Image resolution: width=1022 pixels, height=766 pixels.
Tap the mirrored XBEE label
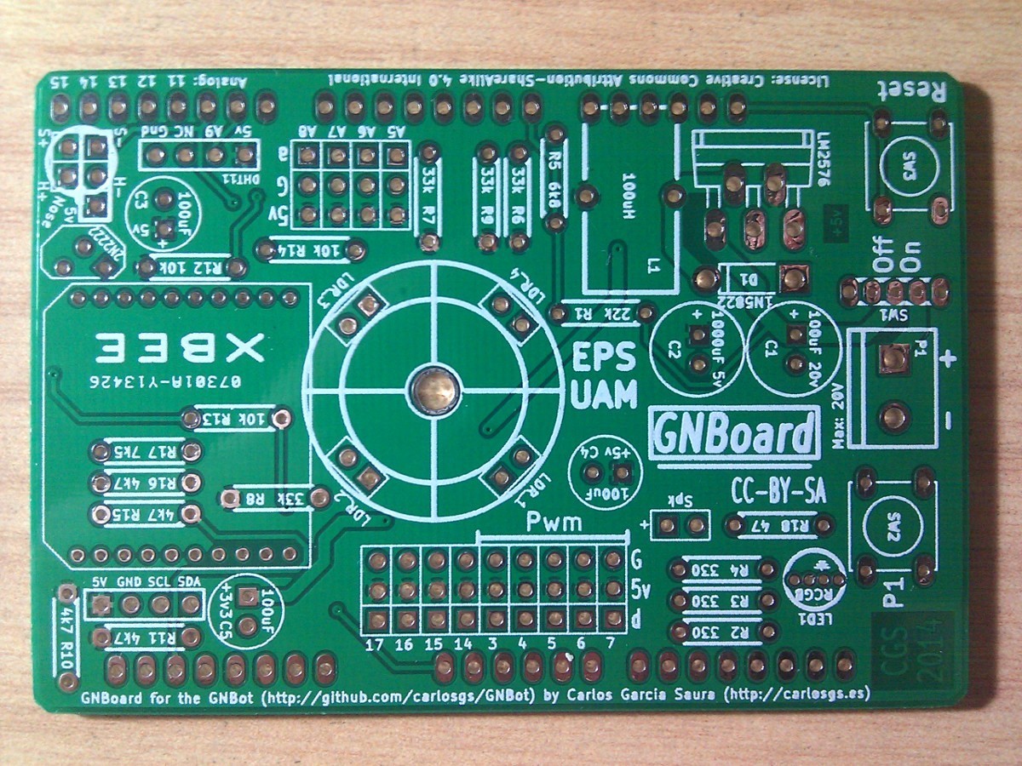click(x=181, y=346)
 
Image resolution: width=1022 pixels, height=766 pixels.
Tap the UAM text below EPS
click(x=604, y=395)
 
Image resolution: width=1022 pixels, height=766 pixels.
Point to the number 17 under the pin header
click(x=373, y=644)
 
